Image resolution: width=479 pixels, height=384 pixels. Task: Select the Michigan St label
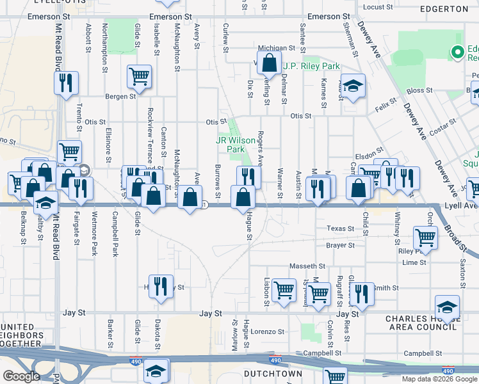coord(276,48)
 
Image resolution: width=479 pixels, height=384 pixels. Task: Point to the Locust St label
coord(377,7)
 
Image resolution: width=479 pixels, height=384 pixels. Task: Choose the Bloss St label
coord(419,91)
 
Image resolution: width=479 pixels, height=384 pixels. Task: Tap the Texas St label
coord(340,228)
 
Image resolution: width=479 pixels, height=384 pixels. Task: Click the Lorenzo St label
coord(266,332)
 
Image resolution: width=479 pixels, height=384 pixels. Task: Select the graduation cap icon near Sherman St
coord(352,86)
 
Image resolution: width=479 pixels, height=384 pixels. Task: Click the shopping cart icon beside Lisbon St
coord(283,289)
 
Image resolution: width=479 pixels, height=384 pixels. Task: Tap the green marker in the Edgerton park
coord(458,52)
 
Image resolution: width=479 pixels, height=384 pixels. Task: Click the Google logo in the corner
coord(21,376)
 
